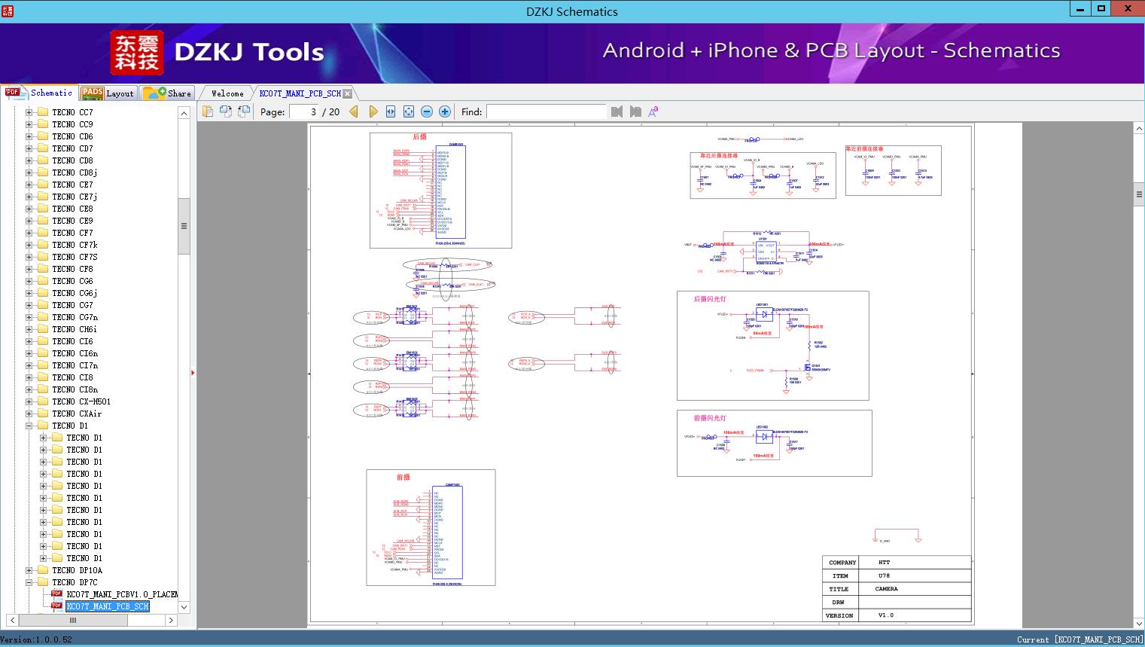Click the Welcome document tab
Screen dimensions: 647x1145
pos(227,93)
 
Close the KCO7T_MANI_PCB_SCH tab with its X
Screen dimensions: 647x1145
pos(348,93)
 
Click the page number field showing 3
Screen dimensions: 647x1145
pos(305,111)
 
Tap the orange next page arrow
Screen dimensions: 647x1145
pos(373,111)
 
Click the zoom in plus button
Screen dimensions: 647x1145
pos(445,111)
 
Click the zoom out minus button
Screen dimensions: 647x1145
pos(427,111)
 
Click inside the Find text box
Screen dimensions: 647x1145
pos(546,111)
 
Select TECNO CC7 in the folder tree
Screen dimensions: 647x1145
pos(72,112)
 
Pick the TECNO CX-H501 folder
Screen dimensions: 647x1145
pos(81,401)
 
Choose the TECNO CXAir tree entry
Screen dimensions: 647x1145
pos(76,414)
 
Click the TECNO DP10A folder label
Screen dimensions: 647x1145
pos(77,570)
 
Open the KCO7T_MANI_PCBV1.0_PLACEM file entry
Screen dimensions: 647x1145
pos(121,594)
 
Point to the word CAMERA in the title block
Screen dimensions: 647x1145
pos(886,589)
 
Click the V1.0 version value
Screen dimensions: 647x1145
pos(885,615)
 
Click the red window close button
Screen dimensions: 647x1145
pos(1128,8)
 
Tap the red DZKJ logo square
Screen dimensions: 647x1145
pos(136,52)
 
